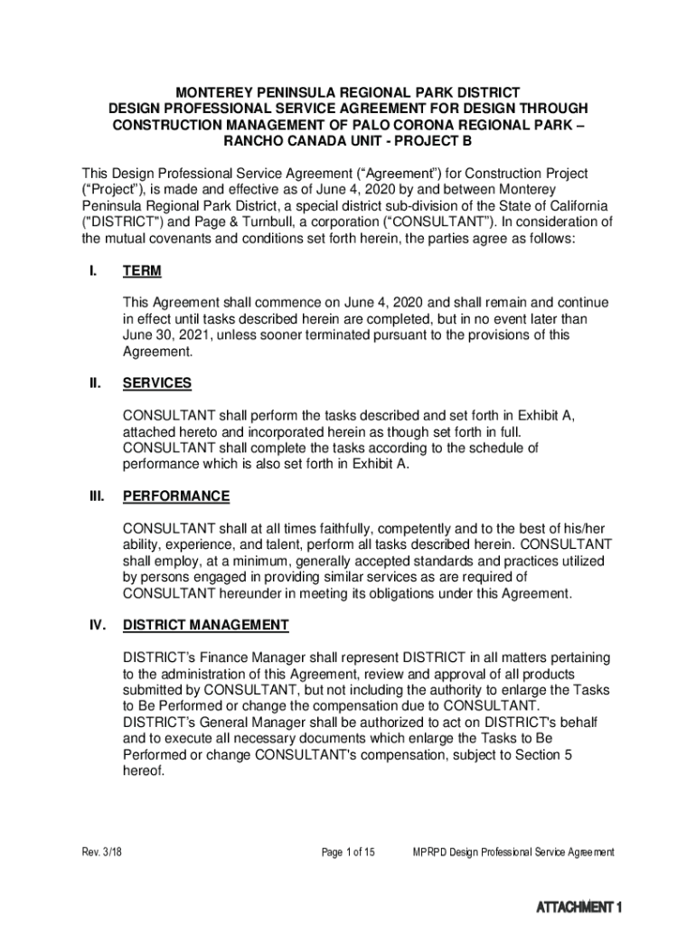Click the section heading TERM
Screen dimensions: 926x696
click(x=142, y=271)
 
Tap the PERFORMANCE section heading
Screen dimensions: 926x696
click(x=175, y=496)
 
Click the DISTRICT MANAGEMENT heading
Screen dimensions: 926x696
click(x=205, y=626)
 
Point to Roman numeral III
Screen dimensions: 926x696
click(x=94, y=496)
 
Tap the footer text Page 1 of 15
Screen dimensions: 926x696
click(x=348, y=853)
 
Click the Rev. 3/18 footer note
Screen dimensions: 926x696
click(x=101, y=853)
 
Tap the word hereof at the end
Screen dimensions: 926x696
click(x=143, y=772)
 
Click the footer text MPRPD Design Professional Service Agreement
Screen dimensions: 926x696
click(x=513, y=853)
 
